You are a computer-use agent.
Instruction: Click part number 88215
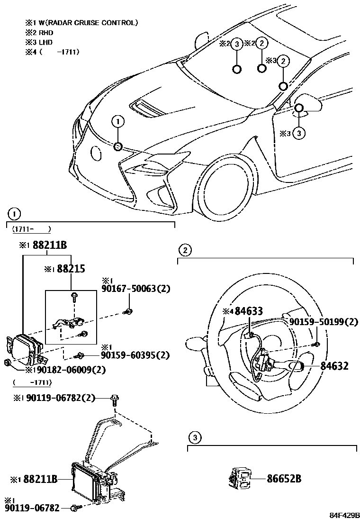[71, 269]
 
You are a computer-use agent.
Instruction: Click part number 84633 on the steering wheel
[247, 311]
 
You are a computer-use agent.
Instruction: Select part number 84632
[334, 365]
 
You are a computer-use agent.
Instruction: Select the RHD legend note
[46, 33]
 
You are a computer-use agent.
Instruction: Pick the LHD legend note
[46, 43]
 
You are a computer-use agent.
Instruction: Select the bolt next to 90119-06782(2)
[115, 399]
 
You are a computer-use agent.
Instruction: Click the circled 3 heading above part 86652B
[194, 436]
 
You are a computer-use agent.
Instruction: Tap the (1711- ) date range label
[31, 229]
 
